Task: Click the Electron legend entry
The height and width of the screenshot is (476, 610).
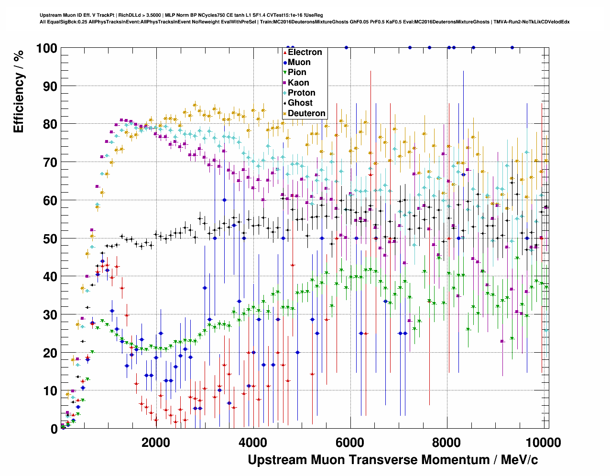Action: coord(305,52)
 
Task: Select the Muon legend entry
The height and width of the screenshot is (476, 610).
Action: coord(299,62)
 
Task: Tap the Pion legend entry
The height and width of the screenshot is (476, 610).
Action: coord(297,72)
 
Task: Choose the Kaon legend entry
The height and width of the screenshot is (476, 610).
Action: coord(298,83)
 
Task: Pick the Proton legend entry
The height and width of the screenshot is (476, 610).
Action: coord(301,93)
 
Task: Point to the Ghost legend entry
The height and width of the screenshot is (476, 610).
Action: coord(300,103)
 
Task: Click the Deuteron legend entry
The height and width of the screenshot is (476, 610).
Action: coord(306,113)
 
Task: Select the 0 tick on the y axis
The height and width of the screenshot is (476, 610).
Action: coord(54,429)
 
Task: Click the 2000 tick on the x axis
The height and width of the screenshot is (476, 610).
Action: coord(156,442)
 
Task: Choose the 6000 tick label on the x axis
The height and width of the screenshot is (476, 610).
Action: coord(350,442)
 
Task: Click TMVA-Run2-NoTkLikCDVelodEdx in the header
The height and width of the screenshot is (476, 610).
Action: coord(531,22)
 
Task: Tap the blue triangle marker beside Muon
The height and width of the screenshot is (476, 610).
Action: coord(285,63)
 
